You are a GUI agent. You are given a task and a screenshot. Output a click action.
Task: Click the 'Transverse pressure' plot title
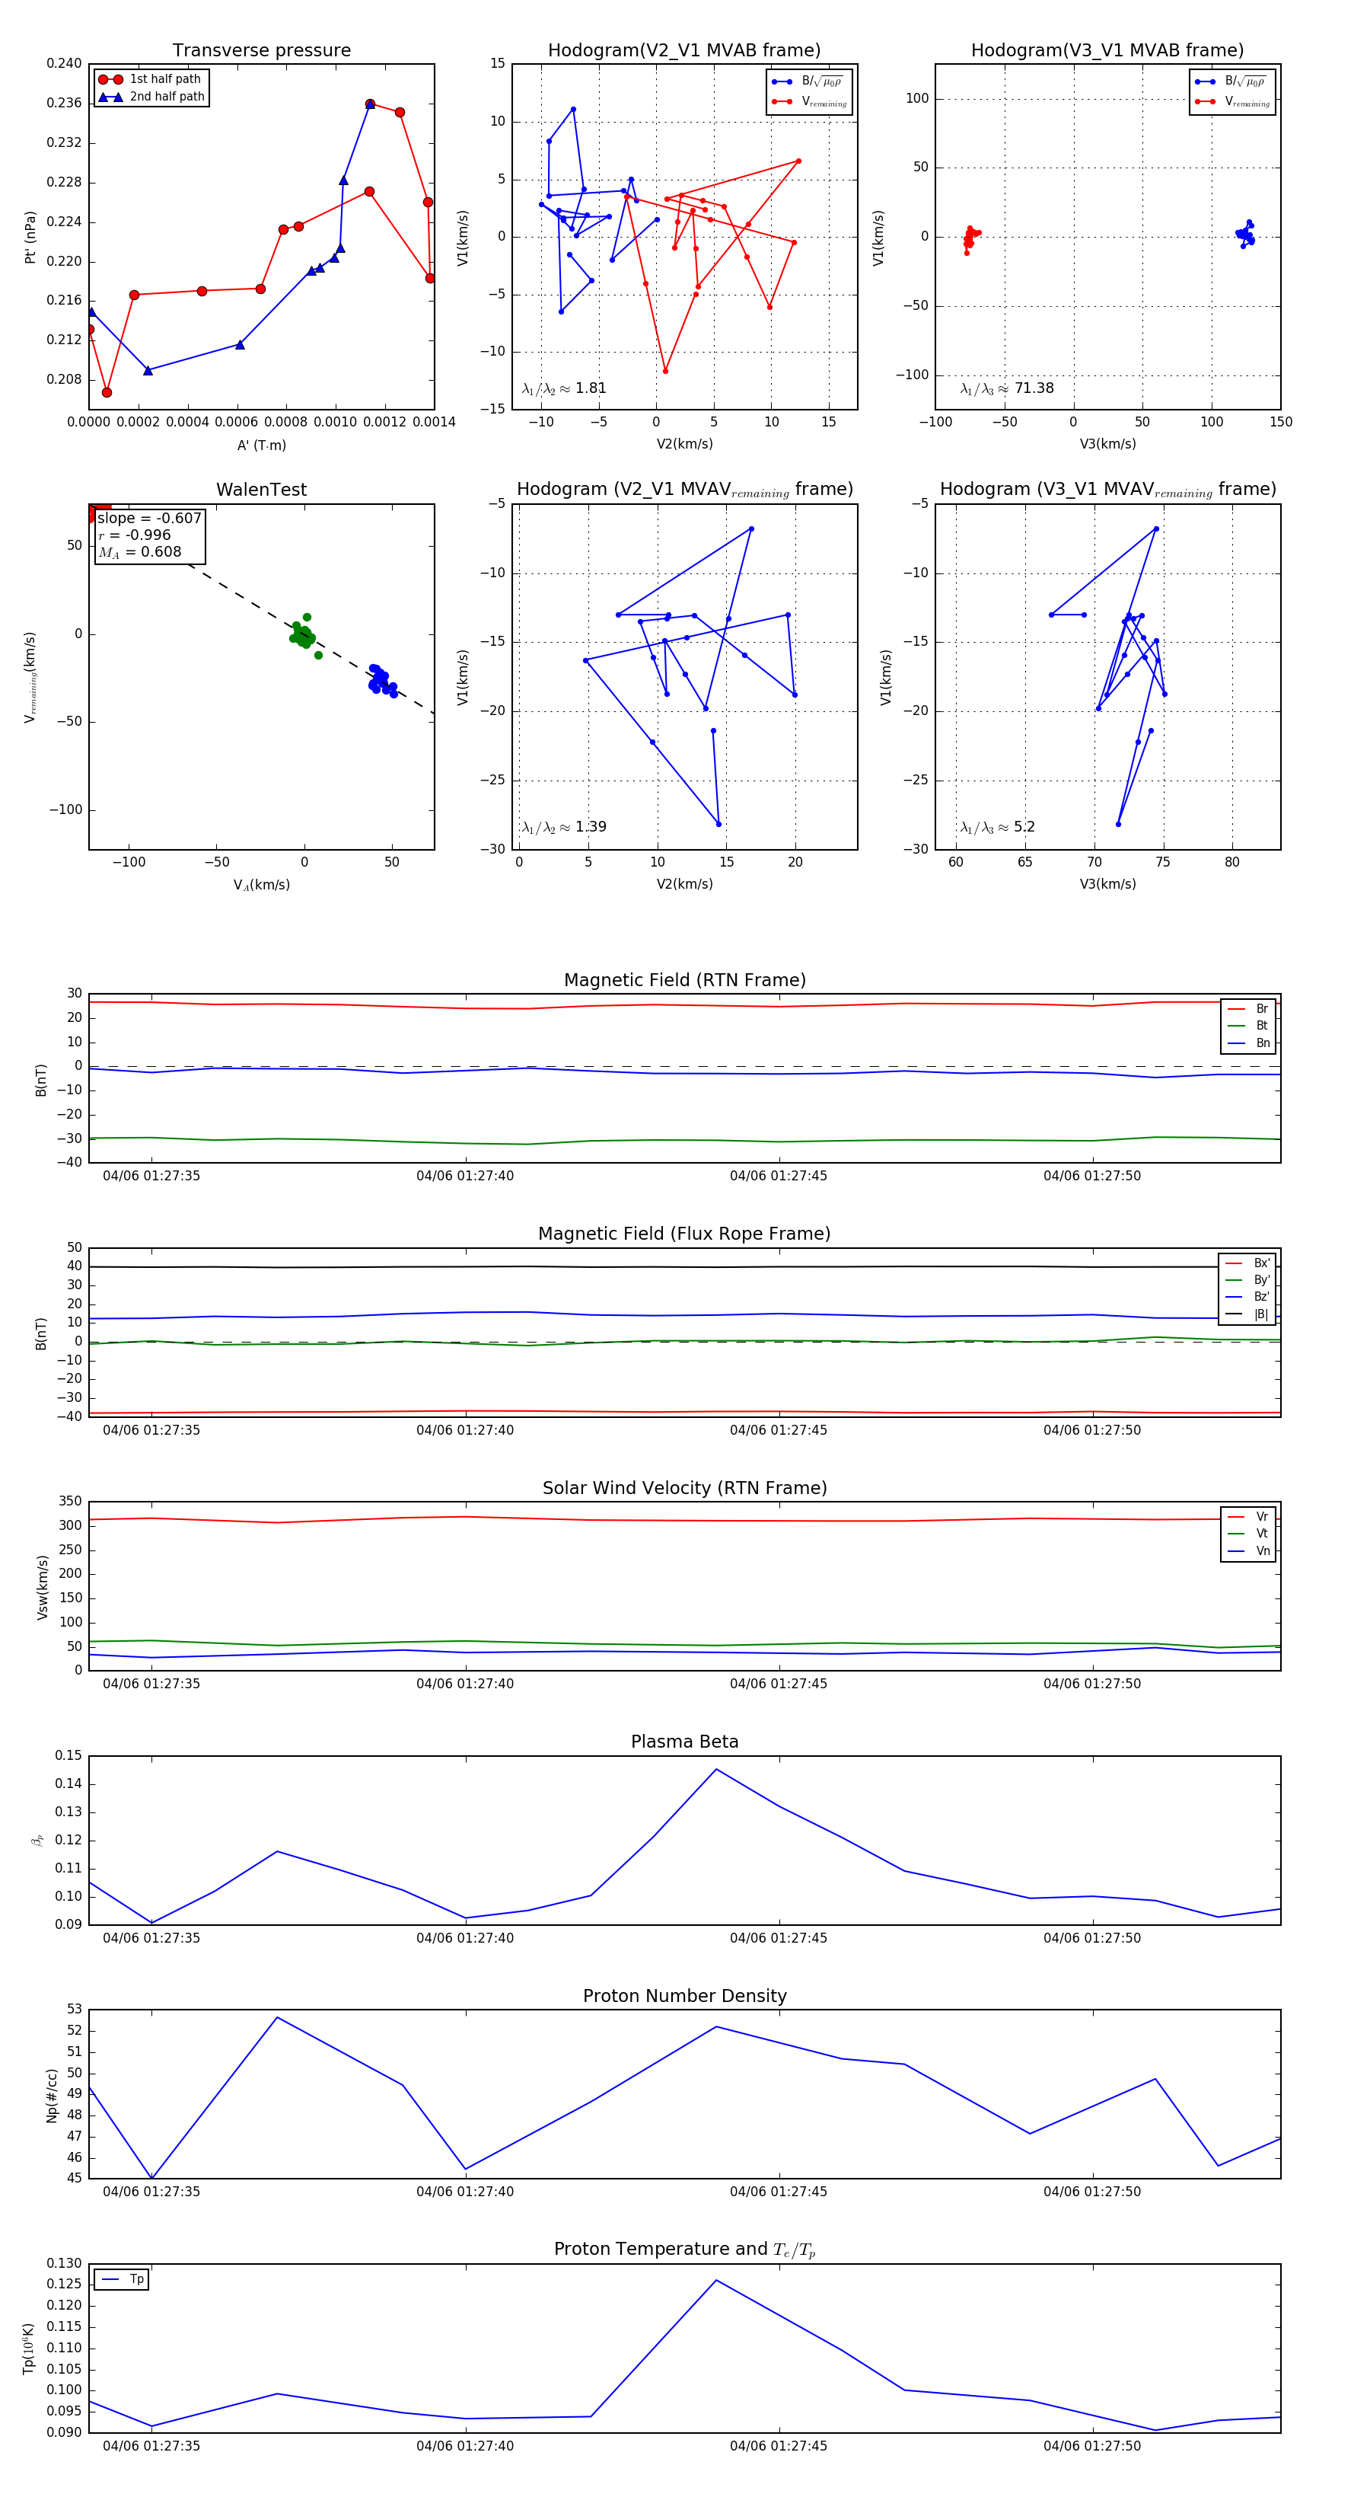261,51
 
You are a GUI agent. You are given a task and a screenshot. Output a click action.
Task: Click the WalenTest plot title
261,490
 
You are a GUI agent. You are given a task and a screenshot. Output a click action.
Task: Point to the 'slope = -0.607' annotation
149,518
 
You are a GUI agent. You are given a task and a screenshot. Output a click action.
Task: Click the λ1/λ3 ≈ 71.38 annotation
1006,388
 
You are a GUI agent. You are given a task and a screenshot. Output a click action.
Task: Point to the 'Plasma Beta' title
684,1742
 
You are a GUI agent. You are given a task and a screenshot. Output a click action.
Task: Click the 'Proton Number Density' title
684,1996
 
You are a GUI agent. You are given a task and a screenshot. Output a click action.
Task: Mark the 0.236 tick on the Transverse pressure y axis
65,103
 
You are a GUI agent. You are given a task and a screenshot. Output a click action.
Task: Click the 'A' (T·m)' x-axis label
261,445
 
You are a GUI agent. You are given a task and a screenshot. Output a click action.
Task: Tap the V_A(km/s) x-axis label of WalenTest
261,885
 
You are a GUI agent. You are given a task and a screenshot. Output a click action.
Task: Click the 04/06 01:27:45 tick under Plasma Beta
778,1937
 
